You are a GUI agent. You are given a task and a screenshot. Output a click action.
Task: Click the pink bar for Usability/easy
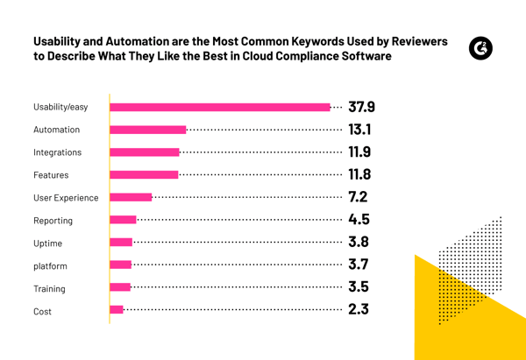point(219,107)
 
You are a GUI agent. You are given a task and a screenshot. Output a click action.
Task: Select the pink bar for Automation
point(147,130)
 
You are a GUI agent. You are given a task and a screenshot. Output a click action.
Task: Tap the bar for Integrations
point(144,152)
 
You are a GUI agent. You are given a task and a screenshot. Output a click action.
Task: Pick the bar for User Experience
point(131,197)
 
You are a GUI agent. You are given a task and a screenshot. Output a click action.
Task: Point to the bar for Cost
point(117,309)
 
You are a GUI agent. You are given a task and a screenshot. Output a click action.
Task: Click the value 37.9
point(361,107)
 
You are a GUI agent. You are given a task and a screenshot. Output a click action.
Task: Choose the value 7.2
point(358,197)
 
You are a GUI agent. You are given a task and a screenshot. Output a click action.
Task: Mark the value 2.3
point(358,309)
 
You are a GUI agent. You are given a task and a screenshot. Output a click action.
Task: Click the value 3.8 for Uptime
point(358,243)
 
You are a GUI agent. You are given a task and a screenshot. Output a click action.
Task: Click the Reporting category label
point(53,221)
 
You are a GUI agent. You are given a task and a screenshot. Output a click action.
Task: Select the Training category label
point(49,289)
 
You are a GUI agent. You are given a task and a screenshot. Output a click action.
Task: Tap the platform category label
point(50,266)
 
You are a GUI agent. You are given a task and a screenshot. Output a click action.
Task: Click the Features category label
point(51,175)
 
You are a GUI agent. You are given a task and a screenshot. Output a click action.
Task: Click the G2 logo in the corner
point(480,48)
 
